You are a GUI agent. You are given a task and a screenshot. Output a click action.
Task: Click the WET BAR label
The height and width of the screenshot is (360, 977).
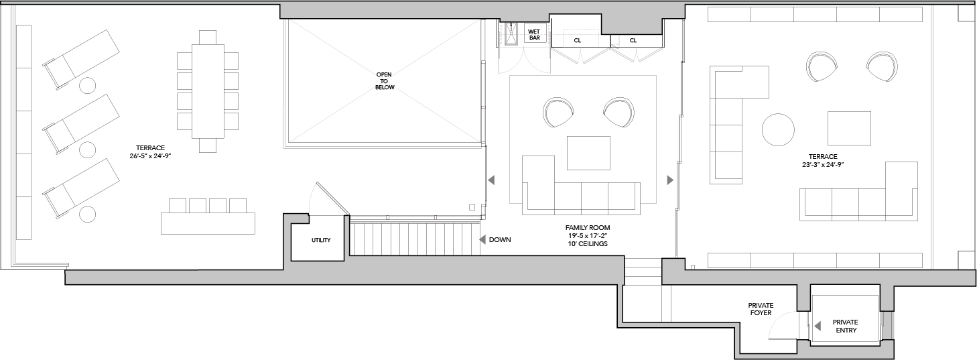(534, 34)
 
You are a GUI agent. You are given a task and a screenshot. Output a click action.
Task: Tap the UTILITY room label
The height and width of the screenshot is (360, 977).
(321, 240)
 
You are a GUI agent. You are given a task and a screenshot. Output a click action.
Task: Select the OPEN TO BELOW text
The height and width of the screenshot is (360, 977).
(384, 81)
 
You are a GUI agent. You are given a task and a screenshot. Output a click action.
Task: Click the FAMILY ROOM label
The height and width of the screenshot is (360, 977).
(588, 228)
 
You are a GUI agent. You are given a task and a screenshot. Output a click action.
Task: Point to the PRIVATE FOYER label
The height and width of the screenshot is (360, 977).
(761, 309)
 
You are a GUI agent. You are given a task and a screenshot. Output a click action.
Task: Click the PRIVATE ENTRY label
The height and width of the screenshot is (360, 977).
(846, 326)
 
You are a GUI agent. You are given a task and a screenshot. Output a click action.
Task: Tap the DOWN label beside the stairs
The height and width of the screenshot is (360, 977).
(500, 239)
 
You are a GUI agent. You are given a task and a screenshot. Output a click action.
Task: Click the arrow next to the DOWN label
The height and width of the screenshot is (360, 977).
(482, 239)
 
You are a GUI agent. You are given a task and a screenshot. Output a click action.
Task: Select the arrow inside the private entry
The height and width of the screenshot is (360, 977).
(818, 326)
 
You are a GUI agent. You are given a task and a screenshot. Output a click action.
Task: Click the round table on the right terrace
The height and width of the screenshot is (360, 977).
(778, 129)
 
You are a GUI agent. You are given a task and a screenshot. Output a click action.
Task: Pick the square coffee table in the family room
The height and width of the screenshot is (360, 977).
(588, 153)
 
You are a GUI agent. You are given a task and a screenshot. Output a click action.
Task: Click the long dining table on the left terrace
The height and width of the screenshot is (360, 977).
(208, 91)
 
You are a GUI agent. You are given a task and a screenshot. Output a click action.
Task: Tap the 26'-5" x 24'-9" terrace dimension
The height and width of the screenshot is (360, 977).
(150, 156)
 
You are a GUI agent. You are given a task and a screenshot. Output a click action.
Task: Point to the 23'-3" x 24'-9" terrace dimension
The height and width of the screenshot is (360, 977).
(823, 164)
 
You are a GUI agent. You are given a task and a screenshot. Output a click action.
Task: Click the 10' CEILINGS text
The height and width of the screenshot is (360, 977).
(588, 243)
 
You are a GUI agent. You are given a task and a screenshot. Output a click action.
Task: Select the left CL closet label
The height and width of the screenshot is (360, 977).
(578, 41)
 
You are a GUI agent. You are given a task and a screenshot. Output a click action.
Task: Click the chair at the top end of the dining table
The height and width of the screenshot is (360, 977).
(208, 37)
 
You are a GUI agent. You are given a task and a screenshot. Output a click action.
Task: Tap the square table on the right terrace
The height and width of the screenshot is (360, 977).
(849, 128)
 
